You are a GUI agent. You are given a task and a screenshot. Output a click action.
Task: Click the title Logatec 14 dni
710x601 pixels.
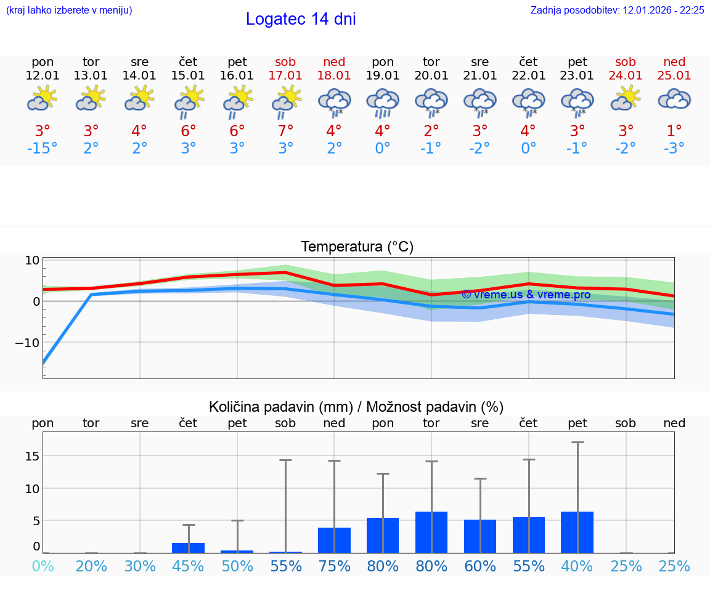pos(301,19)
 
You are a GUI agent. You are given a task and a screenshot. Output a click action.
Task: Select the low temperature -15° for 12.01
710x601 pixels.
pos(43,149)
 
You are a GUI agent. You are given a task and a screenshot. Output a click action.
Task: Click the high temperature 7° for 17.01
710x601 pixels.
pos(285,131)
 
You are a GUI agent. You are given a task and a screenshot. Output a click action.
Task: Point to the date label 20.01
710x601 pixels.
pos(431,76)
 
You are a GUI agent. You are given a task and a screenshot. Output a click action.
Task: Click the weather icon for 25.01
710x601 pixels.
pos(674,99)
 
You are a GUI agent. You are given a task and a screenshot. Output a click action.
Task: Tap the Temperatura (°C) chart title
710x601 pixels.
pos(357,247)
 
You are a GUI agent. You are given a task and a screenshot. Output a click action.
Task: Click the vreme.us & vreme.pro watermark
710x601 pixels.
pos(526,295)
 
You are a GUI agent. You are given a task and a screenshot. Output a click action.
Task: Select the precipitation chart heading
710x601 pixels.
pos(356,407)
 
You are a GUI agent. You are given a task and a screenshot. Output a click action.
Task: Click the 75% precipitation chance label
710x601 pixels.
pos(334,566)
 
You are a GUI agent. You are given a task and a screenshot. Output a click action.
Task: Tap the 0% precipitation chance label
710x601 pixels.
pos(43,566)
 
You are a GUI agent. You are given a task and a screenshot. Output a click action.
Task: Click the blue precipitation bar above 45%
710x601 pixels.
pos(188,548)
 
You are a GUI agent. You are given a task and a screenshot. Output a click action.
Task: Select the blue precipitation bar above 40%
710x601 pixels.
pos(577,533)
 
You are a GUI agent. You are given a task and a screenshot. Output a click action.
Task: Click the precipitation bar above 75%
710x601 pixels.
pos(334,541)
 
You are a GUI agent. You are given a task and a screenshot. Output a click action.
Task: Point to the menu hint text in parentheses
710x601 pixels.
pos(69,10)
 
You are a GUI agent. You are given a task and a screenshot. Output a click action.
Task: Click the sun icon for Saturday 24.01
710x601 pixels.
pos(626,99)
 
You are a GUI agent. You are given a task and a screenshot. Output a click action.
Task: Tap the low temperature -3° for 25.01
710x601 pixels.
pos(674,149)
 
